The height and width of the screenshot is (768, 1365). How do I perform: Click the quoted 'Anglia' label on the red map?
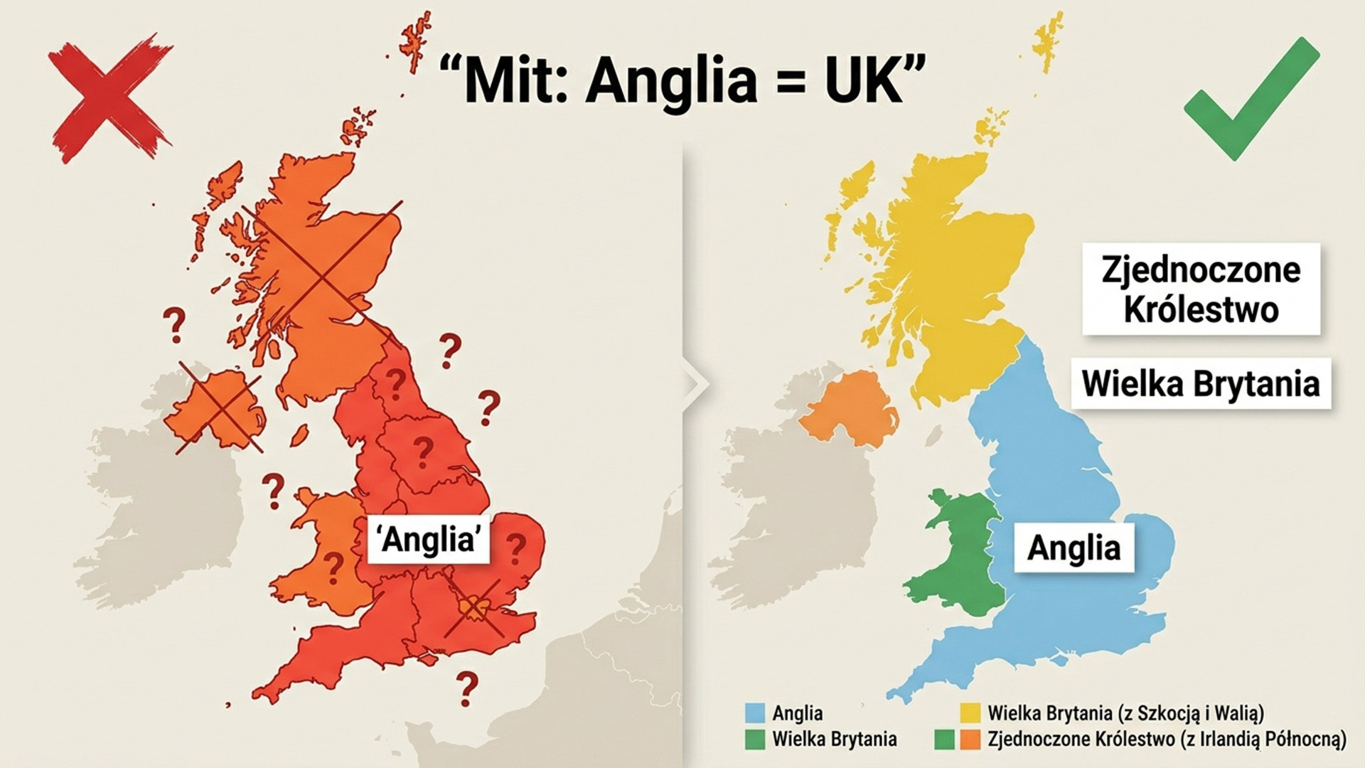pyautogui.click(x=428, y=539)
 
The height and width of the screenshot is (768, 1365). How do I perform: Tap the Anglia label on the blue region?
pyautogui.click(x=1074, y=548)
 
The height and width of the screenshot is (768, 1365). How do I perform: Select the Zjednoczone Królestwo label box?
pyautogui.click(x=1201, y=289)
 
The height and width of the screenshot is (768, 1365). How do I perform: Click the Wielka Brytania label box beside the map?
pyautogui.click(x=1201, y=384)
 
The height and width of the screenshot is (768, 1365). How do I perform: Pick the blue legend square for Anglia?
pyautogui.click(x=755, y=713)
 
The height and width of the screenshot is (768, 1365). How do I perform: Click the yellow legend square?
pyautogui.click(x=970, y=713)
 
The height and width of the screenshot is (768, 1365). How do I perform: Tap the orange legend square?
pyautogui.click(x=970, y=740)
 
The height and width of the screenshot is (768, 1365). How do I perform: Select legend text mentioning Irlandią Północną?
pyautogui.click(x=1166, y=740)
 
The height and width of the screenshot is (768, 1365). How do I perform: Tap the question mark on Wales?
pyautogui.click(x=332, y=567)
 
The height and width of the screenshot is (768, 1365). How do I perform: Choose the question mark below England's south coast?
pyautogui.click(x=466, y=688)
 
